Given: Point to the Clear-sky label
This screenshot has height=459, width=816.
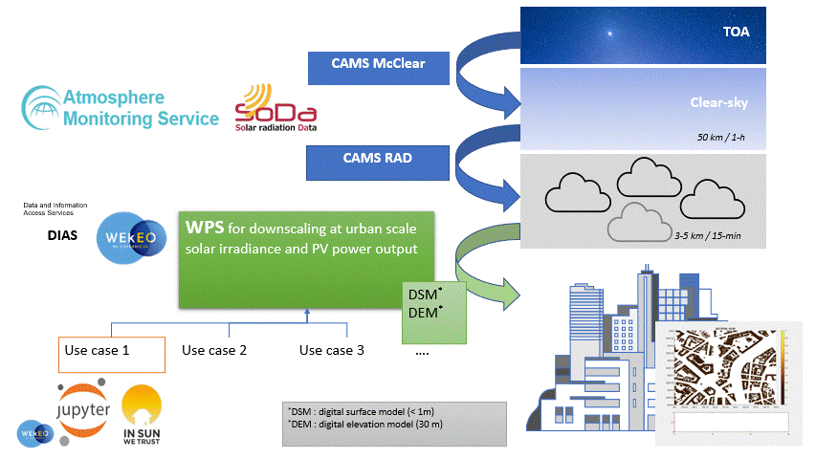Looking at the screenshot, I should tap(718, 102).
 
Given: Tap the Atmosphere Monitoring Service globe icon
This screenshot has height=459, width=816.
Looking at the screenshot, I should tap(42, 107).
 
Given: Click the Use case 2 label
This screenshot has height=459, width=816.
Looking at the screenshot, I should tap(214, 350).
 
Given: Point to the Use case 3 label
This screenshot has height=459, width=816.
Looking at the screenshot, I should tap(332, 350).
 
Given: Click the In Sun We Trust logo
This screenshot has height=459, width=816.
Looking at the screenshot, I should tap(143, 413).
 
